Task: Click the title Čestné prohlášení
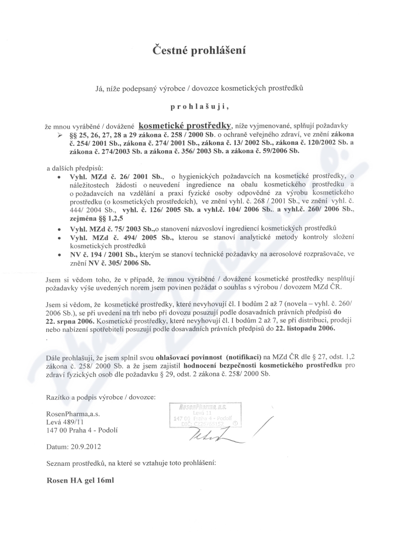pyautogui.click(x=196, y=50)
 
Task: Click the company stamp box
pyautogui.click(x=208, y=415)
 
